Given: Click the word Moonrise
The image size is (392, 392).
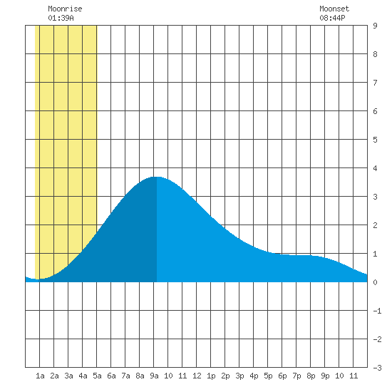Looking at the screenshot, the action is pyautogui.click(x=65, y=9).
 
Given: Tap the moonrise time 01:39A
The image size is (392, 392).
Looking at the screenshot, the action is pyautogui.click(x=61, y=18).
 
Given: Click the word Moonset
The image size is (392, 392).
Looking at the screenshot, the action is pyautogui.click(x=334, y=9).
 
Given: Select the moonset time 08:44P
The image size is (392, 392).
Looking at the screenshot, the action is pyautogui.click(x=332, y=18).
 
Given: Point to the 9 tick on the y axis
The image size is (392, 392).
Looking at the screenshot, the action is pyautogui.click(x=375, y=26).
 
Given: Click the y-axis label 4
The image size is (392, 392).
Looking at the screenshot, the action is pyautogui.click(x=375, y=168).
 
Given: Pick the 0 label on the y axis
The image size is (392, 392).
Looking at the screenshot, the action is pyautogui.click(x=375, y=282).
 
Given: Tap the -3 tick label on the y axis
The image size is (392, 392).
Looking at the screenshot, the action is pyautogui.click(x=377, y=368).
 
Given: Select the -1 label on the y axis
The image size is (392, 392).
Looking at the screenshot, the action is pyautogui.click(x=377, y=311).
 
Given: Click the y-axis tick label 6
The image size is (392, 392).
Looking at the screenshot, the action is pyautogui.click(x=375, y=111).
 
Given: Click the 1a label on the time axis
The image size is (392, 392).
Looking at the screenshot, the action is pyautogui.click(x=40, y=376).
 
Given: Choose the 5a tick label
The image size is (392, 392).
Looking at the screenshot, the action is pyautogui.click(x=97, y=376).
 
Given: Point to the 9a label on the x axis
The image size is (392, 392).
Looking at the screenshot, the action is pyautogui.click(x=154, y=376).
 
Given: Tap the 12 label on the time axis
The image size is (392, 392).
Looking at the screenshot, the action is pyautogui.click(x=197, y=376).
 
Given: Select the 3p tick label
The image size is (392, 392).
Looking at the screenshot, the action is pyautogui.click(x=239, y=376).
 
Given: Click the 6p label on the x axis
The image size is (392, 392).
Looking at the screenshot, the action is pyautogui.click(x=282, y=376).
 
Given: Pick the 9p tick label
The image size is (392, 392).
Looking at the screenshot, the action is pyautogui.click(x=325, y=376).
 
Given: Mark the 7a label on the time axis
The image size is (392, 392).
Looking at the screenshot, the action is pyautogui.click(x=125, y=376).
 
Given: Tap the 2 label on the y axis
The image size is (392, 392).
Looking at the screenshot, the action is pyautogui.click(x=375, y=225).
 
